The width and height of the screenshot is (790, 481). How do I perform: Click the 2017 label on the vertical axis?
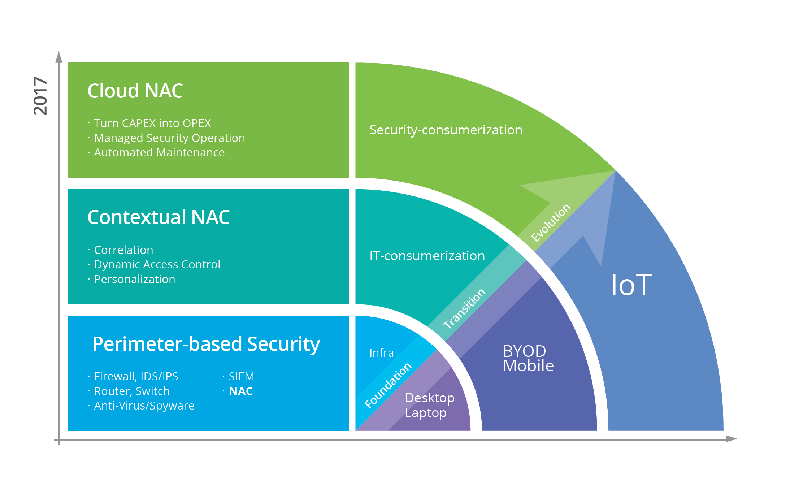pos(40,96)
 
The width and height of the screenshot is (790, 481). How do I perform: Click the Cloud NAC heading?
pos(135,91)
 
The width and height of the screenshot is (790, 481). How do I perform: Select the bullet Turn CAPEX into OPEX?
pos(152,123)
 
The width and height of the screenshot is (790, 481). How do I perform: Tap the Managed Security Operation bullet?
pos(169,138)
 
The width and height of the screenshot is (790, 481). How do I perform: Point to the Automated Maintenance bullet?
pos(159,152)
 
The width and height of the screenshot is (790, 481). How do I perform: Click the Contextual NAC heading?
pos(159,217)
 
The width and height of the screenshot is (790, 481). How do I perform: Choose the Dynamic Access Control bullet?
pos(157,264)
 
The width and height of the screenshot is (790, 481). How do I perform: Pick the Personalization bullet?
pos(134,279)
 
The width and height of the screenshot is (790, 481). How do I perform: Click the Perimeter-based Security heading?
pos(206,344)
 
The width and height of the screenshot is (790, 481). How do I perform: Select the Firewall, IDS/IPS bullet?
pos(136,376)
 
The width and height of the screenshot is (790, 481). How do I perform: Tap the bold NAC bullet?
pos(240,391)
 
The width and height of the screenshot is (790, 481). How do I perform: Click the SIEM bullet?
pos(241,376)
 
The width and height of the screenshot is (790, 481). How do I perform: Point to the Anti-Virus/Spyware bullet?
pos(144,406)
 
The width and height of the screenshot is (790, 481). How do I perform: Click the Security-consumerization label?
pos(446,130)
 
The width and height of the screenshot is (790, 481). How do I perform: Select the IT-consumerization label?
pos(427,256)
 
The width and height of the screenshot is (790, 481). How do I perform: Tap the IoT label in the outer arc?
pos(631,285)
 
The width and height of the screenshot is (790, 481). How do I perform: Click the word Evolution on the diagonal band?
pos(551,222)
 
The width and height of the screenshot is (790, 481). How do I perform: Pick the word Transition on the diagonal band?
pos(464,309)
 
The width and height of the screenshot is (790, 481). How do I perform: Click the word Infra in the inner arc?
pos(381,353)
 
